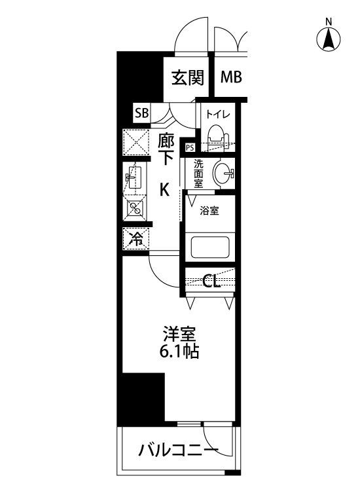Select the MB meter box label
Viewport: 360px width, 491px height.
[231, 78]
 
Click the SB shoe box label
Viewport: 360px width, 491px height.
[141, 113]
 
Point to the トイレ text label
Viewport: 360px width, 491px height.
[217, 114]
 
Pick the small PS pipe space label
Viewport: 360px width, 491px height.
[190, 147]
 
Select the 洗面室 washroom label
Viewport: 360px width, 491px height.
[198, 173]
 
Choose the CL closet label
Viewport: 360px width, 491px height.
[210, 282]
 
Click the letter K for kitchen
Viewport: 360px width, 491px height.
[166, 190]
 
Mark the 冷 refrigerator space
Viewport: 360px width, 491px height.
[136, 238]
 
